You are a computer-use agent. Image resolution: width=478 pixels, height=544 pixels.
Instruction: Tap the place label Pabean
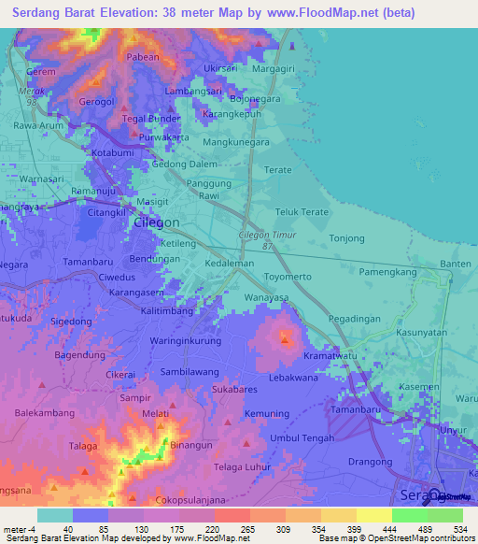(x=144, y=57)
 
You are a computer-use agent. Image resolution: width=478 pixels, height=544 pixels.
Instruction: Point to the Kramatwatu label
(x=330, y=357)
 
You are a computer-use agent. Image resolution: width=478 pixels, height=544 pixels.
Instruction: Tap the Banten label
(x=455, y=265)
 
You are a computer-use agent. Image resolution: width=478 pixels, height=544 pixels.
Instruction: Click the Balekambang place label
(x=44, y=412)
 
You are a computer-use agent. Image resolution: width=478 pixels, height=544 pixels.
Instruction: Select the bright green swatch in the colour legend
(x=409, y=515)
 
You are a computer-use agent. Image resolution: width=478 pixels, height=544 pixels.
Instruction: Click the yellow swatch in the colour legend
(x=373, y=515)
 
